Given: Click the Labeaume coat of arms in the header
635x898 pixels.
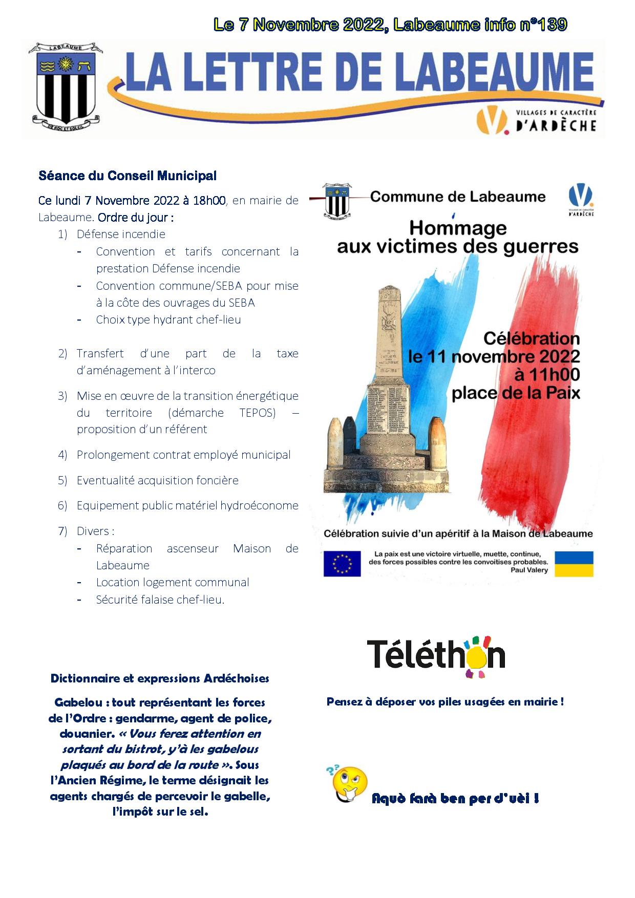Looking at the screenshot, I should pyautogui.click(x=63, y=84).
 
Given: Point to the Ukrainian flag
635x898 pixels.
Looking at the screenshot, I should pyautogui.click(x=574, y=563).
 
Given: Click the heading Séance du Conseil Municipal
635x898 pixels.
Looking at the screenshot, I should pyautogui.click(x=128, y=176).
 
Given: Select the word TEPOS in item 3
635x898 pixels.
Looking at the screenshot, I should pyautogui.click(x=257, y=413).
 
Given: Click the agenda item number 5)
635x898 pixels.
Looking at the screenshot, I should pyautogui.click(x=62, y=480).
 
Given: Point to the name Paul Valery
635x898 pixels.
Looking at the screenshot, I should pyautogui.click(x=529, y=570).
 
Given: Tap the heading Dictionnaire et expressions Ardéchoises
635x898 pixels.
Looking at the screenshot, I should pyautogui.click(x=160, y=678).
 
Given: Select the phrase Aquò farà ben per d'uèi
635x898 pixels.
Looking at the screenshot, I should pyautogui.click(x=455, y=799).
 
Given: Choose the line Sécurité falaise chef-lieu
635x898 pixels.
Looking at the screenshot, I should pyautogui.click(x=160, y=600).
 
